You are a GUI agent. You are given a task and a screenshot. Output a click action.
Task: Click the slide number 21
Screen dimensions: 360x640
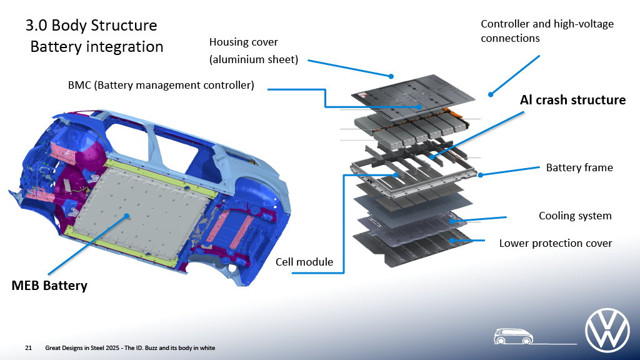click(x=28, y=347)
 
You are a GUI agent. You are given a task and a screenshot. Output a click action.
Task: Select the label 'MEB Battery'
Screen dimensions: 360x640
click(x=49, y=286)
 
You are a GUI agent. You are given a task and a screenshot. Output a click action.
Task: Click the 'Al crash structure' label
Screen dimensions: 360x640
click(x=572, y=100)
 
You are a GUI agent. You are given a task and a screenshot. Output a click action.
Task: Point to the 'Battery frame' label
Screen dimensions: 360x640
click(x=579, y=167)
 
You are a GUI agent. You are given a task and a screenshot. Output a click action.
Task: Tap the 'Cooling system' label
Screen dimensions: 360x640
click(x=575, y=216)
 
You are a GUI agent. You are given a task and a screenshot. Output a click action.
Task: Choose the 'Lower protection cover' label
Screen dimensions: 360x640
click(x=556, y=243)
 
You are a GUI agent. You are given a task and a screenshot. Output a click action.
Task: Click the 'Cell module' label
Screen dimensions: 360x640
click(x=304, y=261)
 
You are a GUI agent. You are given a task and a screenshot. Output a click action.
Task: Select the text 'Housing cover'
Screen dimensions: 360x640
click(x=244, y=42)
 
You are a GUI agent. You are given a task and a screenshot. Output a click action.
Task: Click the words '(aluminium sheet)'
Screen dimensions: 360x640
click(x=254, y=60)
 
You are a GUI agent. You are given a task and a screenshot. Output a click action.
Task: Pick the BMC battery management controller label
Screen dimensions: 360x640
click(x=161, y=85)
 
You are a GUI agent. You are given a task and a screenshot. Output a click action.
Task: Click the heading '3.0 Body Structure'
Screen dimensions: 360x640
click(x=91, y=26)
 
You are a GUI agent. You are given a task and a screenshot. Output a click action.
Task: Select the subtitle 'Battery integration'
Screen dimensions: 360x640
click(x=97, y=47)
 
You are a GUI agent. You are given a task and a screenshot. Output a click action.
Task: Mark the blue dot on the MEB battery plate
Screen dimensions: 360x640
click(x=127, y=216)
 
